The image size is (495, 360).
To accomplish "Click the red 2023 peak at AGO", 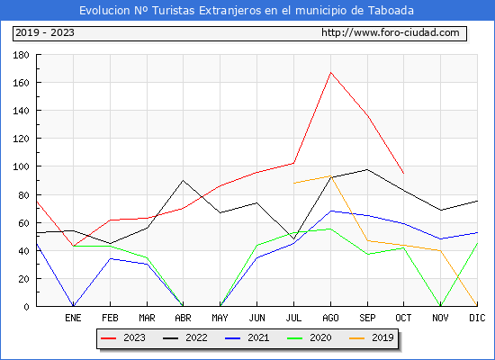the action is [x=330, y=73].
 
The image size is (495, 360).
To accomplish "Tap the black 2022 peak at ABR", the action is [x=183, y=180].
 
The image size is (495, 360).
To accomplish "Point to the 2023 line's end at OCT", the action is [x=403, y=173].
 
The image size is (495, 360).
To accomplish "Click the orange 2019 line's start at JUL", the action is [x=294, y=184].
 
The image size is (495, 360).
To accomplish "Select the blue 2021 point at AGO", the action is [x=330, y=211].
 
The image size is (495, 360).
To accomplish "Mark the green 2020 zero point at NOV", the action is [x=440, y=306].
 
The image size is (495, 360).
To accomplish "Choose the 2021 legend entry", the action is [x=247, y=337].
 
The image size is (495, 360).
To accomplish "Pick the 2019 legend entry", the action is [x=372, y=337].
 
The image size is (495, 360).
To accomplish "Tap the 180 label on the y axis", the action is [x=21, y=55].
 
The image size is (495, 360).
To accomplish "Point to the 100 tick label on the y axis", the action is [x=21, y=166].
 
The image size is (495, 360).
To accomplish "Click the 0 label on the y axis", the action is [x=26, y=307].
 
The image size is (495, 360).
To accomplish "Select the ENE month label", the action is [x=73, y=318].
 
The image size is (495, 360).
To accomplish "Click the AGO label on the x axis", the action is [x=330, y=318].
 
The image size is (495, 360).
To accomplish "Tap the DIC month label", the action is [x=477, y=318].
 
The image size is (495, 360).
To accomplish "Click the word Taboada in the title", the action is [x=391, y=11].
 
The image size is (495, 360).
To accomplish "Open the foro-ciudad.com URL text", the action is [x=391, y=32].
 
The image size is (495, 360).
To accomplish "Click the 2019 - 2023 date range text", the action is [x=45, y=32].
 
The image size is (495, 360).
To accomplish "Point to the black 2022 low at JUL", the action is [x=294, y=238].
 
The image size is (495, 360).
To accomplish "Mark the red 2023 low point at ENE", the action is [x=73, y=246].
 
